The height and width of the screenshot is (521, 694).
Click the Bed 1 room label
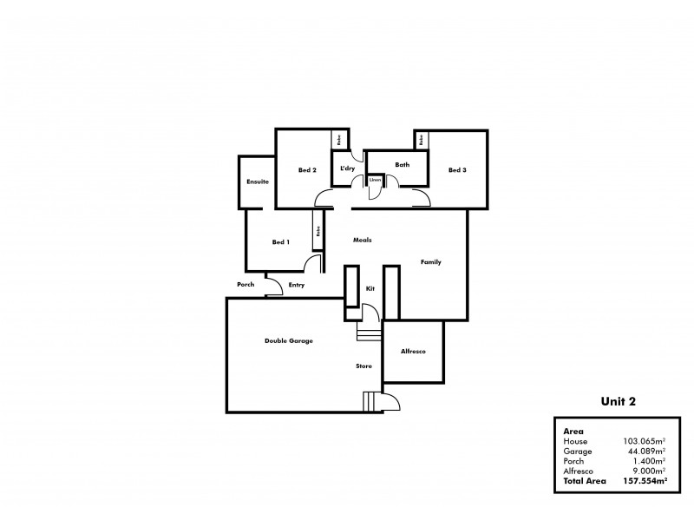point(280,242)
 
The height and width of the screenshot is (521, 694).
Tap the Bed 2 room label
point(306,170)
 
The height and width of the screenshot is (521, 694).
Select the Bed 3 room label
point(457,170)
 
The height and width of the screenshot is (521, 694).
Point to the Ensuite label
point(257,182)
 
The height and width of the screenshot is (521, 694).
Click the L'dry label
point(347,168)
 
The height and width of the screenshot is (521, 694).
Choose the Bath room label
point(402,164)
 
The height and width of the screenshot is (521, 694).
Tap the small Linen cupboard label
point(375,181)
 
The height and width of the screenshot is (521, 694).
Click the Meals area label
point(362,240)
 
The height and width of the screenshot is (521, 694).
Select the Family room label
point(431,261)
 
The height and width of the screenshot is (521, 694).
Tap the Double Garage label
point(288,341)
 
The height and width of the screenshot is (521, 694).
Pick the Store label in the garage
point(364,366)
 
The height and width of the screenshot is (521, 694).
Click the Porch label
point(245,285)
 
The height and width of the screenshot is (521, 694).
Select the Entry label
point(297,285)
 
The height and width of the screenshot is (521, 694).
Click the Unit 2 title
point(619,402)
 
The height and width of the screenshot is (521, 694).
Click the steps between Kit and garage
point(369,334)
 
